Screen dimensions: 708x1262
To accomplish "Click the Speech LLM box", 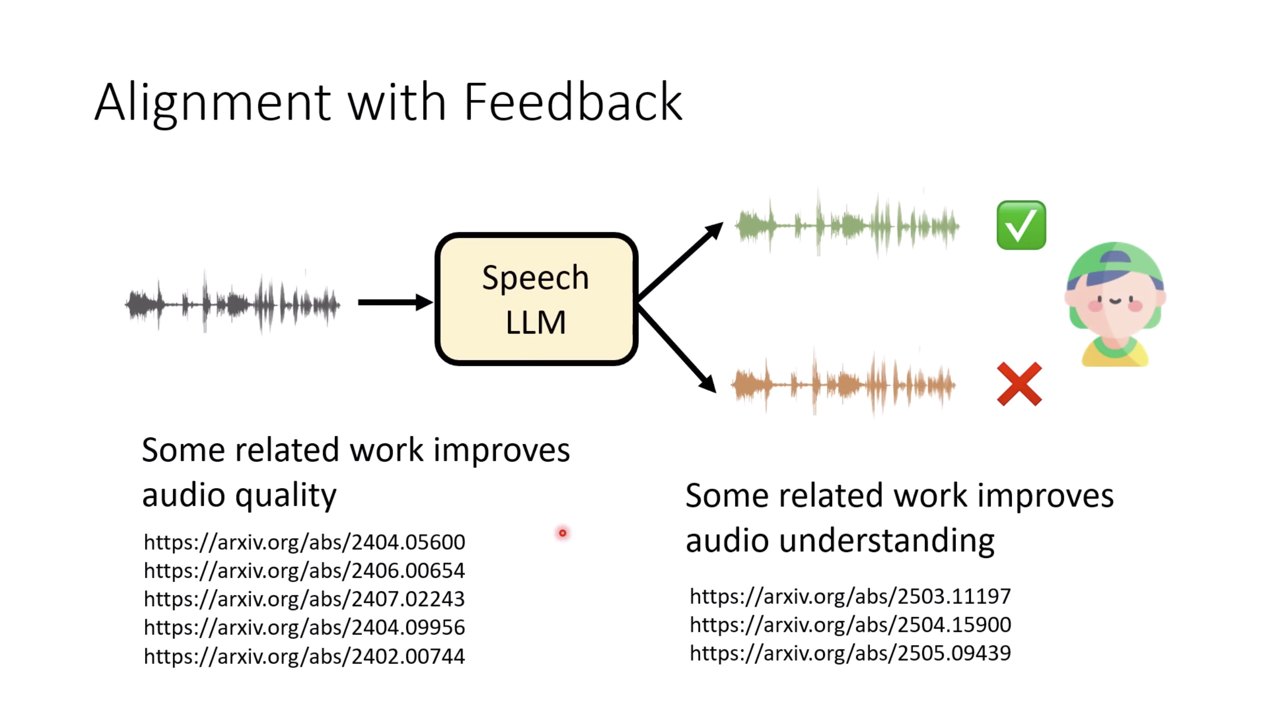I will tap(537, 299).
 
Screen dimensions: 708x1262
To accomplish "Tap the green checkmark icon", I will tap(1021, 225).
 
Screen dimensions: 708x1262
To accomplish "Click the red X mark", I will tap(1019, 384).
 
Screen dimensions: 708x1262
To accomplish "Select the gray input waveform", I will tap(233, 303).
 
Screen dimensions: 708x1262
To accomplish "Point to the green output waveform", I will tap(847, 225).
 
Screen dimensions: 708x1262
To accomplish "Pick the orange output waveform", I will tap(843, 384).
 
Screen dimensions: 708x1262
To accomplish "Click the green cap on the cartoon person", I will tap(1115, 263).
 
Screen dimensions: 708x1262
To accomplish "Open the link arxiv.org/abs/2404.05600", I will tap(304, 542).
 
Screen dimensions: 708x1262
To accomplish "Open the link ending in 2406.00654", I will tap(304, 570).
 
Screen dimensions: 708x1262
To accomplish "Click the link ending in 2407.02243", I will tap(304, 599).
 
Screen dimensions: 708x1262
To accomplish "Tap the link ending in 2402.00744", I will tap(304, 656).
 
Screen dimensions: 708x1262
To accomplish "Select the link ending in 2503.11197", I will tap(850, 596).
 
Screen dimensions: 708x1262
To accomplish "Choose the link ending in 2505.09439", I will tap(850, 653).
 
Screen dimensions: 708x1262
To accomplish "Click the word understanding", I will tap(886, 540).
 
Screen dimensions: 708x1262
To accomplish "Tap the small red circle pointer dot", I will tap(562, 533).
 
